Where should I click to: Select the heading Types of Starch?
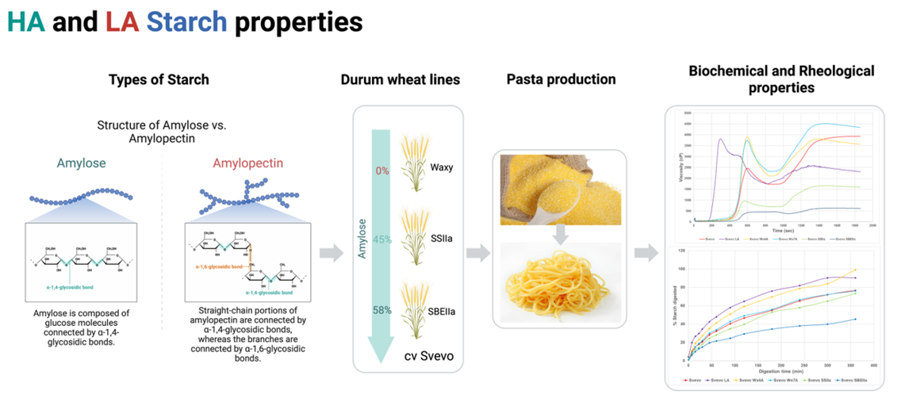159,79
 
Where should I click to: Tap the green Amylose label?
80,163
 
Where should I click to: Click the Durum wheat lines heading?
400,80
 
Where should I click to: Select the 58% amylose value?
382,310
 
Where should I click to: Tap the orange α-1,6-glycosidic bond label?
218,266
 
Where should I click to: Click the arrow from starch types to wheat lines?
332,254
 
